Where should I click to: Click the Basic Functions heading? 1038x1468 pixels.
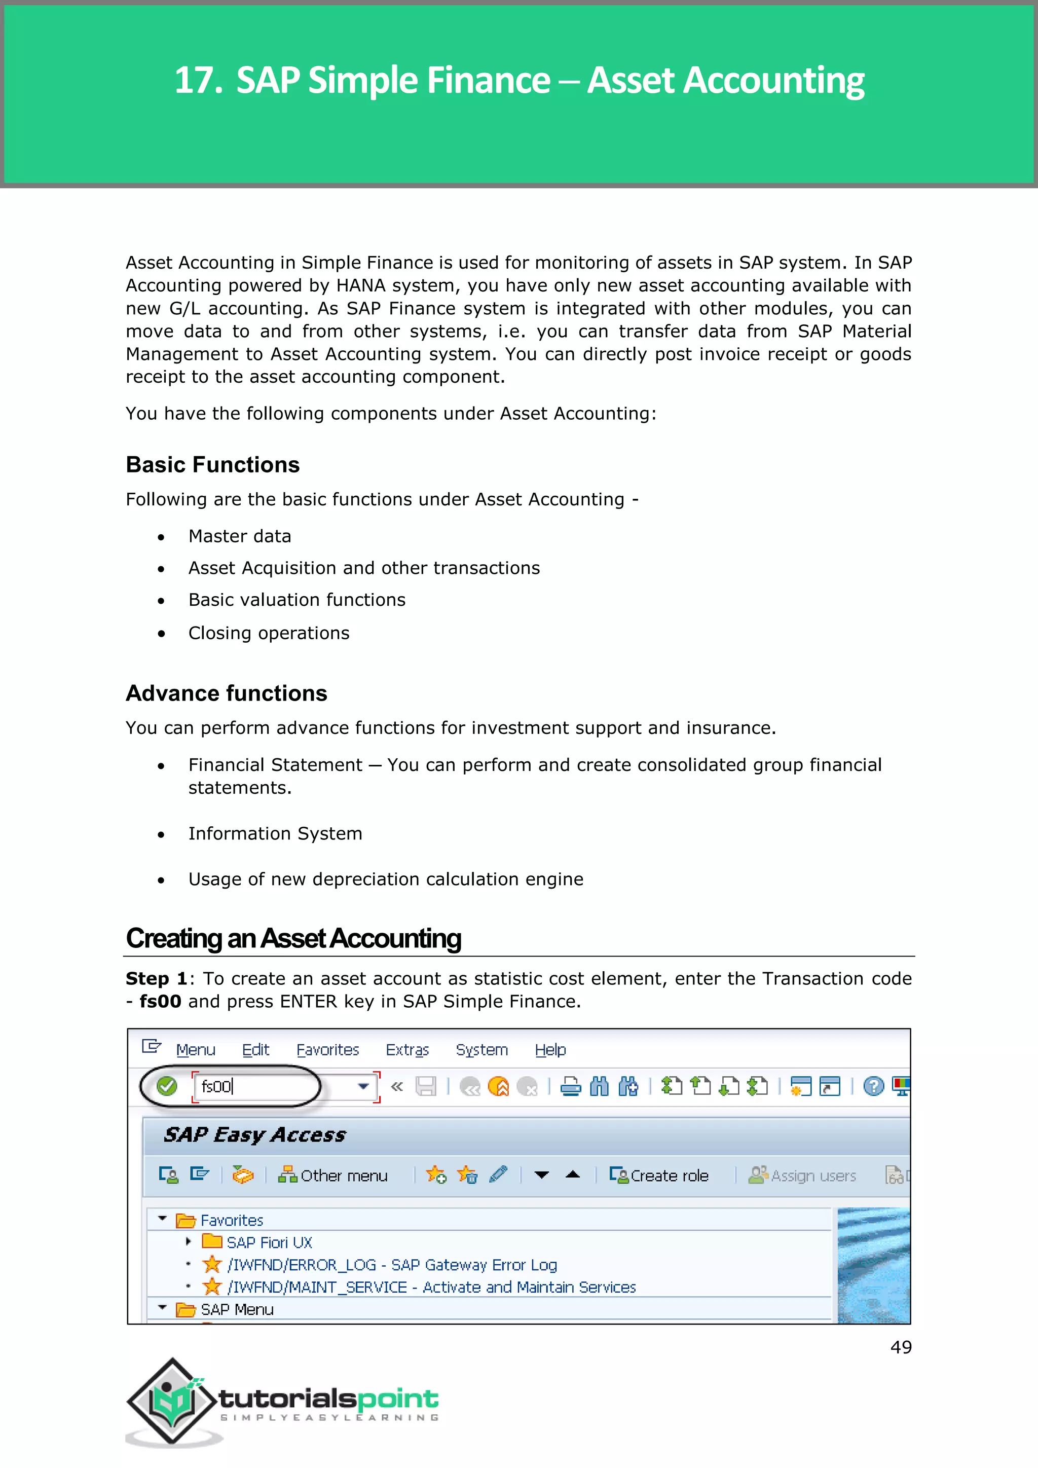coord(212,465)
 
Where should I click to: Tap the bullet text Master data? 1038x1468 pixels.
coord(240,536)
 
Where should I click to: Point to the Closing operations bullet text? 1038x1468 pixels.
coord(269,633)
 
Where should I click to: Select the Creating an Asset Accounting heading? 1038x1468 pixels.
coord(293,939)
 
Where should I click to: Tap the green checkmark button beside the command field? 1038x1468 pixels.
coord(167,1086)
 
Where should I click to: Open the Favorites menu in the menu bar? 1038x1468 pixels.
coord(327,1050)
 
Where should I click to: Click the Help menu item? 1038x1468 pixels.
coord(550,1050)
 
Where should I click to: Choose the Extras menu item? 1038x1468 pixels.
coord(407,1050)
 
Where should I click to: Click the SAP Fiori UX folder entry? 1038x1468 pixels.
coord(269,1242)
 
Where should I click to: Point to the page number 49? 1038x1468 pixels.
coord(901,1347)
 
